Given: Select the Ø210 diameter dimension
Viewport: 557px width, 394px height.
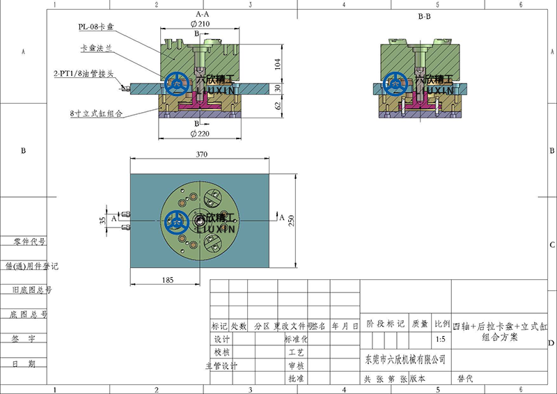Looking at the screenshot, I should tap(200, 24).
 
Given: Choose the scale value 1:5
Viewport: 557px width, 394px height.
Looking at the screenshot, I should tap(440, 340).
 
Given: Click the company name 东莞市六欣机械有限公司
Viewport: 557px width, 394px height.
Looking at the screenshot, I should tap(405, 359).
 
